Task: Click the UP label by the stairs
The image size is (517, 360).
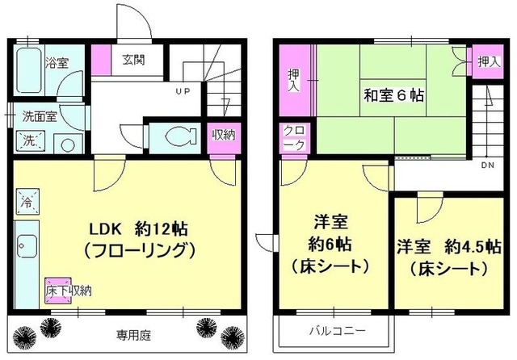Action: (x=183, y=90)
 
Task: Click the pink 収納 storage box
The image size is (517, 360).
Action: (x=224, y=135)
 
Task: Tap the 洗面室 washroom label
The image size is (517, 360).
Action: (x=39, y=115)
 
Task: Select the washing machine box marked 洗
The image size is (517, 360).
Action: (x=29, y=140)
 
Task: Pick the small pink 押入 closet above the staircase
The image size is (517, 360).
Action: (x=484, y=61)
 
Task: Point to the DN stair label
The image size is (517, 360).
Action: (x=487, y=165)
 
